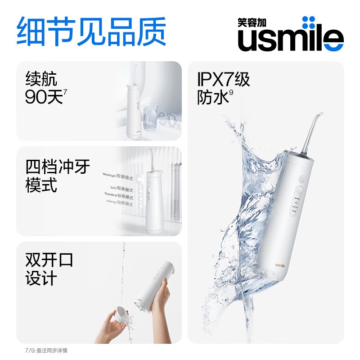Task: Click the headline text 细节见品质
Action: point(91,31)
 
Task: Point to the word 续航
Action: point(41,79)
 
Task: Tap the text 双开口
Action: point(49,260)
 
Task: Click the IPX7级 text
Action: point(223,80)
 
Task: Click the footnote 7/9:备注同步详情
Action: point(46,350)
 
